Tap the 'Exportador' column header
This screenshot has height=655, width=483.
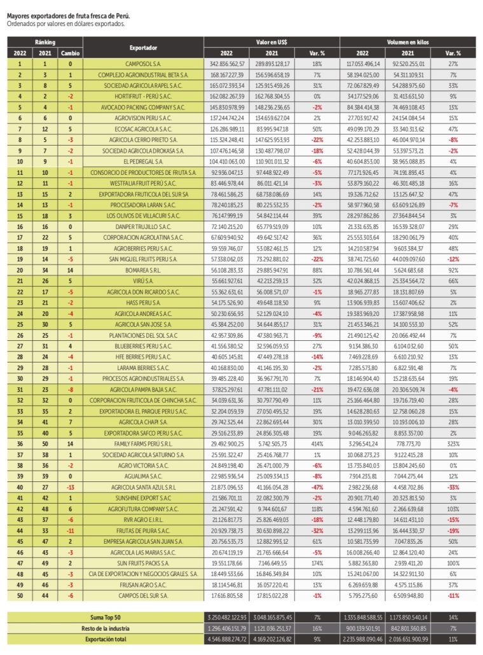[x=143, y=48]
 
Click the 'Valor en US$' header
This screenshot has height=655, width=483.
[x=271, y=42]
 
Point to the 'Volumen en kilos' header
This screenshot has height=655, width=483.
[x=407, y=42]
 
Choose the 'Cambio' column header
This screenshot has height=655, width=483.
[x=70, y=53]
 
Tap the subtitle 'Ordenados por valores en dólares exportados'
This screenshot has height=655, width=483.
[x=65, y=24]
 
